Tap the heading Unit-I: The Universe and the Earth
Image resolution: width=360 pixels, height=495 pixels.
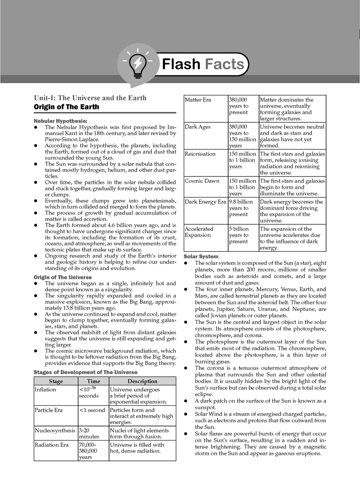coord(90,98)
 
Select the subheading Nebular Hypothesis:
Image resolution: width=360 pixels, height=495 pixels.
coord(60,121)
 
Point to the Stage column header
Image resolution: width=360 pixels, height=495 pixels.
coord(56,381)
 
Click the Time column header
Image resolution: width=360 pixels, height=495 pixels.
coord(94,381)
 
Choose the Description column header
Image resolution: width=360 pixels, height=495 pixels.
coord(142,381)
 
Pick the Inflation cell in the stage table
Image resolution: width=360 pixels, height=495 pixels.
coord(45,390)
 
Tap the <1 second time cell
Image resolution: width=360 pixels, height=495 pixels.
coord(92,410)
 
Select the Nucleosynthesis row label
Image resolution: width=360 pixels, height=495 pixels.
coord(55,430)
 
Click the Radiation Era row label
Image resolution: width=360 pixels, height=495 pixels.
coord(52,445)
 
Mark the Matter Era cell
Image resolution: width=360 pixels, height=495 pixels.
coord(198,100)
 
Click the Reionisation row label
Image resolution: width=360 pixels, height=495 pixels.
coord(200,154)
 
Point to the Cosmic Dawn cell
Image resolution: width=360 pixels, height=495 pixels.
coord(202,181)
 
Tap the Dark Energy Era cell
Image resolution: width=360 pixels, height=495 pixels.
coord(205,202)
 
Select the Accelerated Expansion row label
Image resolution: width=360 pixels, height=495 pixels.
coord(199,232)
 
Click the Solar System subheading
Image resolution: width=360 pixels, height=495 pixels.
coord(201,257)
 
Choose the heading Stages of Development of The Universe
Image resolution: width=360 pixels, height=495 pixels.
coord(85,372)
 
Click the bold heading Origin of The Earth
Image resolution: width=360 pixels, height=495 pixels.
coord(66,107)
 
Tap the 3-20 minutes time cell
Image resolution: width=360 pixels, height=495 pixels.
coord(89,433)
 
